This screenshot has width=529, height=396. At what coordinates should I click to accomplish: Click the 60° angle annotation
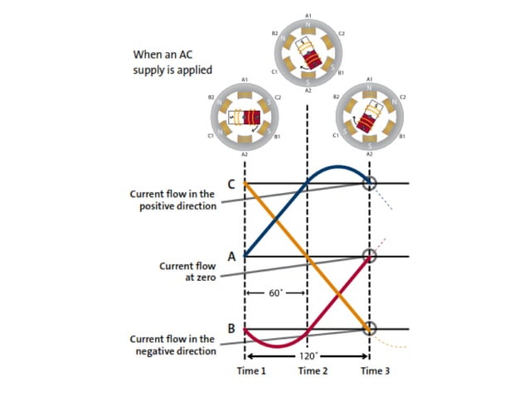275,293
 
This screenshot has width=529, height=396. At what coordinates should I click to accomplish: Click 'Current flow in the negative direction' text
172,345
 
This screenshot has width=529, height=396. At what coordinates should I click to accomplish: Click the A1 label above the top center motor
308,14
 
